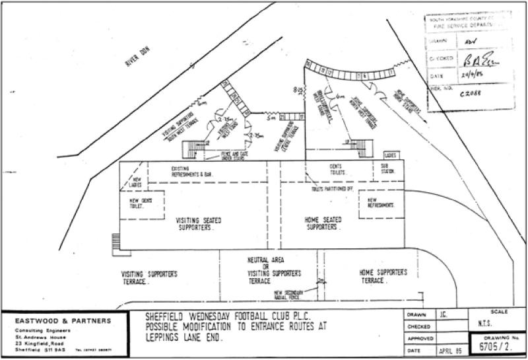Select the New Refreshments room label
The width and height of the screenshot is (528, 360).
379,203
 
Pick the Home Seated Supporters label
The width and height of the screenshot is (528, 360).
323,223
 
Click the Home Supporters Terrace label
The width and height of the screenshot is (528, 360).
383,276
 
